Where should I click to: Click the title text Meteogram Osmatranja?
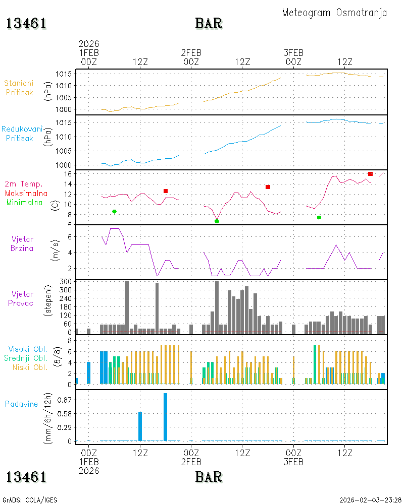[x=334, y=13]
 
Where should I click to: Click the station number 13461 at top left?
[x=26, y=24]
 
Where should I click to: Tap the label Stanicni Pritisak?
[x=19, y=88]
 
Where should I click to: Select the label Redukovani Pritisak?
[x=22, y=134]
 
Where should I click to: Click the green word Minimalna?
[x=24, y=203]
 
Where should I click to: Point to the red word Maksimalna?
[x=26, y=193]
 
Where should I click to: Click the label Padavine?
[x=21, y=404]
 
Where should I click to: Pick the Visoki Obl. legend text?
[x=28, y=349]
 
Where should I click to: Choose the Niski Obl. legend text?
[x=30, y=367]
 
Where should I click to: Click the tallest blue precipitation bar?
[x=165, y=417]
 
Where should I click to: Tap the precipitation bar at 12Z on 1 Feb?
[x=140, y=426]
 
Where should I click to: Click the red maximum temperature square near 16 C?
[x=370, y=174]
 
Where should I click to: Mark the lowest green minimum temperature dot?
[x=217, y=221]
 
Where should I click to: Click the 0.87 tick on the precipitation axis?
[x=64, y=400]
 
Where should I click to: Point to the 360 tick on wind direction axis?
[x=66, y=282]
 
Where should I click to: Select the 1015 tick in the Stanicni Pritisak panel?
[x=64, y=74]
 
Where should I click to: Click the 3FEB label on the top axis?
[x=293, y=53]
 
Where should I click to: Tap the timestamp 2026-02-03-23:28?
[x=370, y=500]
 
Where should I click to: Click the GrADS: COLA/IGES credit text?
[x=30, y=500]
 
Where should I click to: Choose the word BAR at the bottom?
[x=209, y=477]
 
